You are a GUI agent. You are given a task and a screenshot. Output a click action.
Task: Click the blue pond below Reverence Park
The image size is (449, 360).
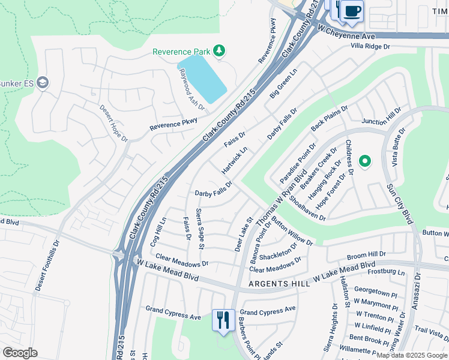pyautogui.click(x=202, y=78)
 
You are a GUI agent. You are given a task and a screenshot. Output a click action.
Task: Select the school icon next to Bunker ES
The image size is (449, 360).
pyautogui.click(x=42, y=82)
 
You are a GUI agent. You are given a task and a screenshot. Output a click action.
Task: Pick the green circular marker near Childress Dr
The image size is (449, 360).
pyautogui.click(x=364, y=161)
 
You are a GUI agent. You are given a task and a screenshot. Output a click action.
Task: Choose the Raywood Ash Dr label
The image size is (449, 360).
pyautogui.click(x=192, y=89)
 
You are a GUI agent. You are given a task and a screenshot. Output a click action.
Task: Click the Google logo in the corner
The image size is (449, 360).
pyautogui.click(x=20, y=353)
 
